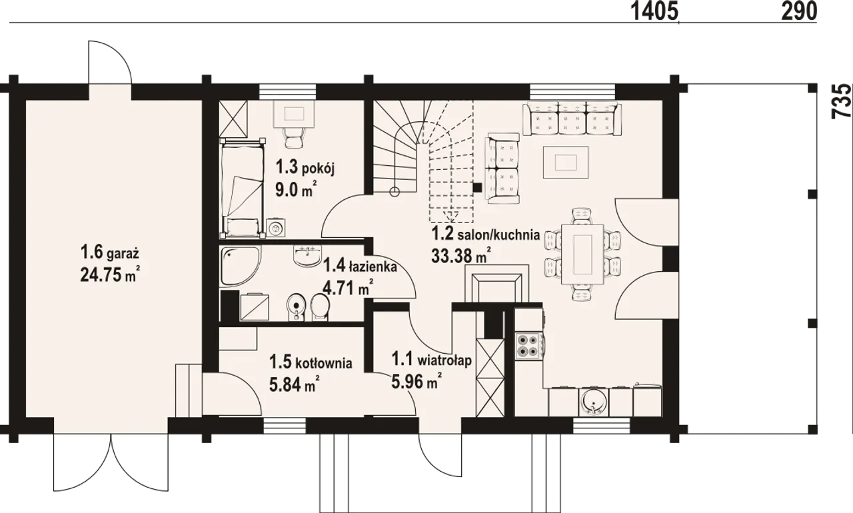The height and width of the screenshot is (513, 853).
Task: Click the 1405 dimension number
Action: pyautogui.click(x=655, y=11)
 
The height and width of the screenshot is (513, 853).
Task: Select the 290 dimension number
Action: pyautogui.click(x=800, y=11)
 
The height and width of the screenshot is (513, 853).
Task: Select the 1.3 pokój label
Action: pyautogui.click(x=305, y=167)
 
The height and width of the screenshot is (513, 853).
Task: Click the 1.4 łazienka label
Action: pyautogui.click(x=360, y=266)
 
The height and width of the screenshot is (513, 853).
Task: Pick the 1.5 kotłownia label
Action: pyautogui.click(x=311, y=362)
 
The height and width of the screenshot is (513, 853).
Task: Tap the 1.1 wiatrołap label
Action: pyautogui.click(x=432, y=359)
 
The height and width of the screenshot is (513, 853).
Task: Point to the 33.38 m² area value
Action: pyautogui.click(x=460, y=255)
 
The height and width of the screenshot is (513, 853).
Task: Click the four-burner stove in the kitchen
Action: pyautogui.click(x=527, y=346)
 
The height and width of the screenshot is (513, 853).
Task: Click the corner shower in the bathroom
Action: pyautogui.click(x=241, y=266)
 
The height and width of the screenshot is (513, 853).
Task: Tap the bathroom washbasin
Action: pyautogui.click(x=307, y=256)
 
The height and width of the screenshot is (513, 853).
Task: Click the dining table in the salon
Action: pyautogui.click(x=582, y=254)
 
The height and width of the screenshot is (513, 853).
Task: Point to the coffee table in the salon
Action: pyautogui.click(x=566, y=163)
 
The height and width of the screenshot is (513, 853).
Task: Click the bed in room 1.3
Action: pyautogui.click(x=243, y=188)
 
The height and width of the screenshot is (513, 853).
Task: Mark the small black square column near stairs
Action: pyautogui.click(x=477, y=187)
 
